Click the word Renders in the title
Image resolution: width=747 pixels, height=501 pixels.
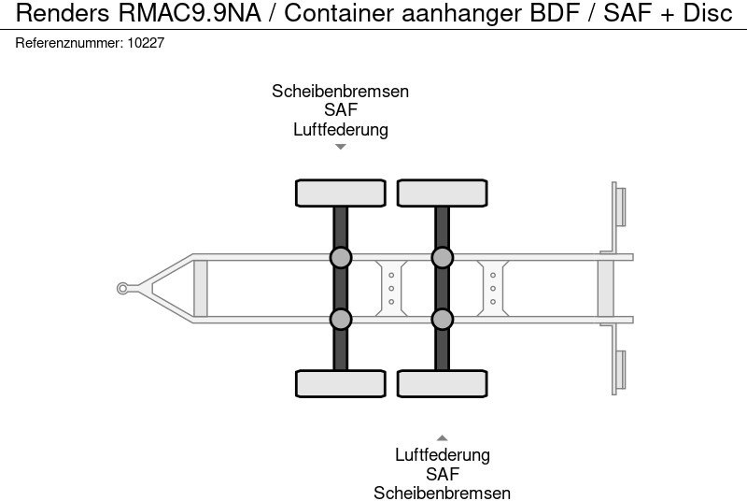pyautogui.click(x=63, y=14)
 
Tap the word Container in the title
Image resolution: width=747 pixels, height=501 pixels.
pyautogui.click(x=333, y=14)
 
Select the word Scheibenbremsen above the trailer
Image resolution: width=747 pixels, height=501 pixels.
pyautogui.click(x=340, y=92)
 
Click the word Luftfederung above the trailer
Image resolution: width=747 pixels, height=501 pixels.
pyautogui.click(x=340, y=130)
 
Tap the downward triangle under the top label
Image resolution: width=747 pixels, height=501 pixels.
pyautogui.click(x=341, y=147)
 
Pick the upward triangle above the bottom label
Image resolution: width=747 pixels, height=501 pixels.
pyautogui.click(x=443, y=437)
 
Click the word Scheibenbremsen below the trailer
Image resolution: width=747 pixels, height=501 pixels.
pyautogui.click(x=443, y=494)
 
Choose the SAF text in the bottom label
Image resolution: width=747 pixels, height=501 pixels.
pyautogui.click(x=443, y=475)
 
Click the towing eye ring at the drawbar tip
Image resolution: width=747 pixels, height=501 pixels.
pyautogui.click(x=122, y=288)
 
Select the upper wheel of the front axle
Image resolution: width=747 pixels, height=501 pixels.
pyautogui.click(x=341, y=193)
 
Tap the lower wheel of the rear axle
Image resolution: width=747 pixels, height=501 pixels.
pyautogui.click(x=443, y=383)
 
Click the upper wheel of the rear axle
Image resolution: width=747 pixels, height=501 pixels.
pyautogui.click(x=443, y=193)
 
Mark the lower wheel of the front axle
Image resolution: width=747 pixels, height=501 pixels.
pyautogui.click(x=341, y=383)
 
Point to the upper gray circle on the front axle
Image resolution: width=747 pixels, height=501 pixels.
pyautogui.click(x=341, y=257)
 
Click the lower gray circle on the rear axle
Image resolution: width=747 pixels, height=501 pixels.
pyautogui.click(x=443, y=320)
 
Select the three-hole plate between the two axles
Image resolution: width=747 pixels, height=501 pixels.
pyautogui.click(x=391, y=288)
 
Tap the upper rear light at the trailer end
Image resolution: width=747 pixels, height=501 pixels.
pyautogui.click(x=619, y=206)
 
